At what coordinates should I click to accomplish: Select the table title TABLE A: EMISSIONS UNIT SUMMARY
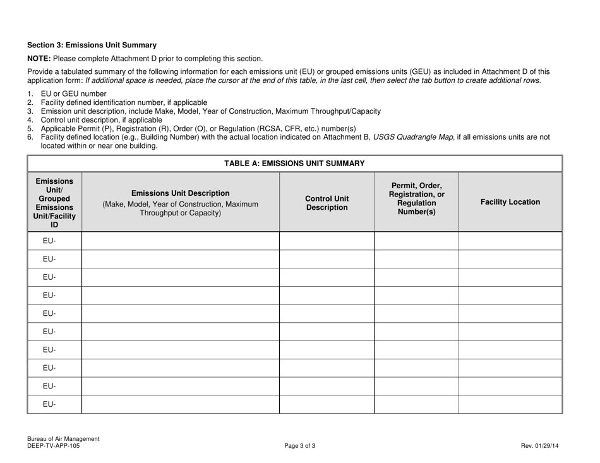pyautogui.click(x=294, y=164)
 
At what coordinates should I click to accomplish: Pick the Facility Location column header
pyautogui.click(x=510, y=202)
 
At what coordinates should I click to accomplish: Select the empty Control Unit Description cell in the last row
pyautogui.click(x=327, y=404)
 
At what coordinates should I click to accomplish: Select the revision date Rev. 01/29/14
pyautogui.click(x=539, y=446)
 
